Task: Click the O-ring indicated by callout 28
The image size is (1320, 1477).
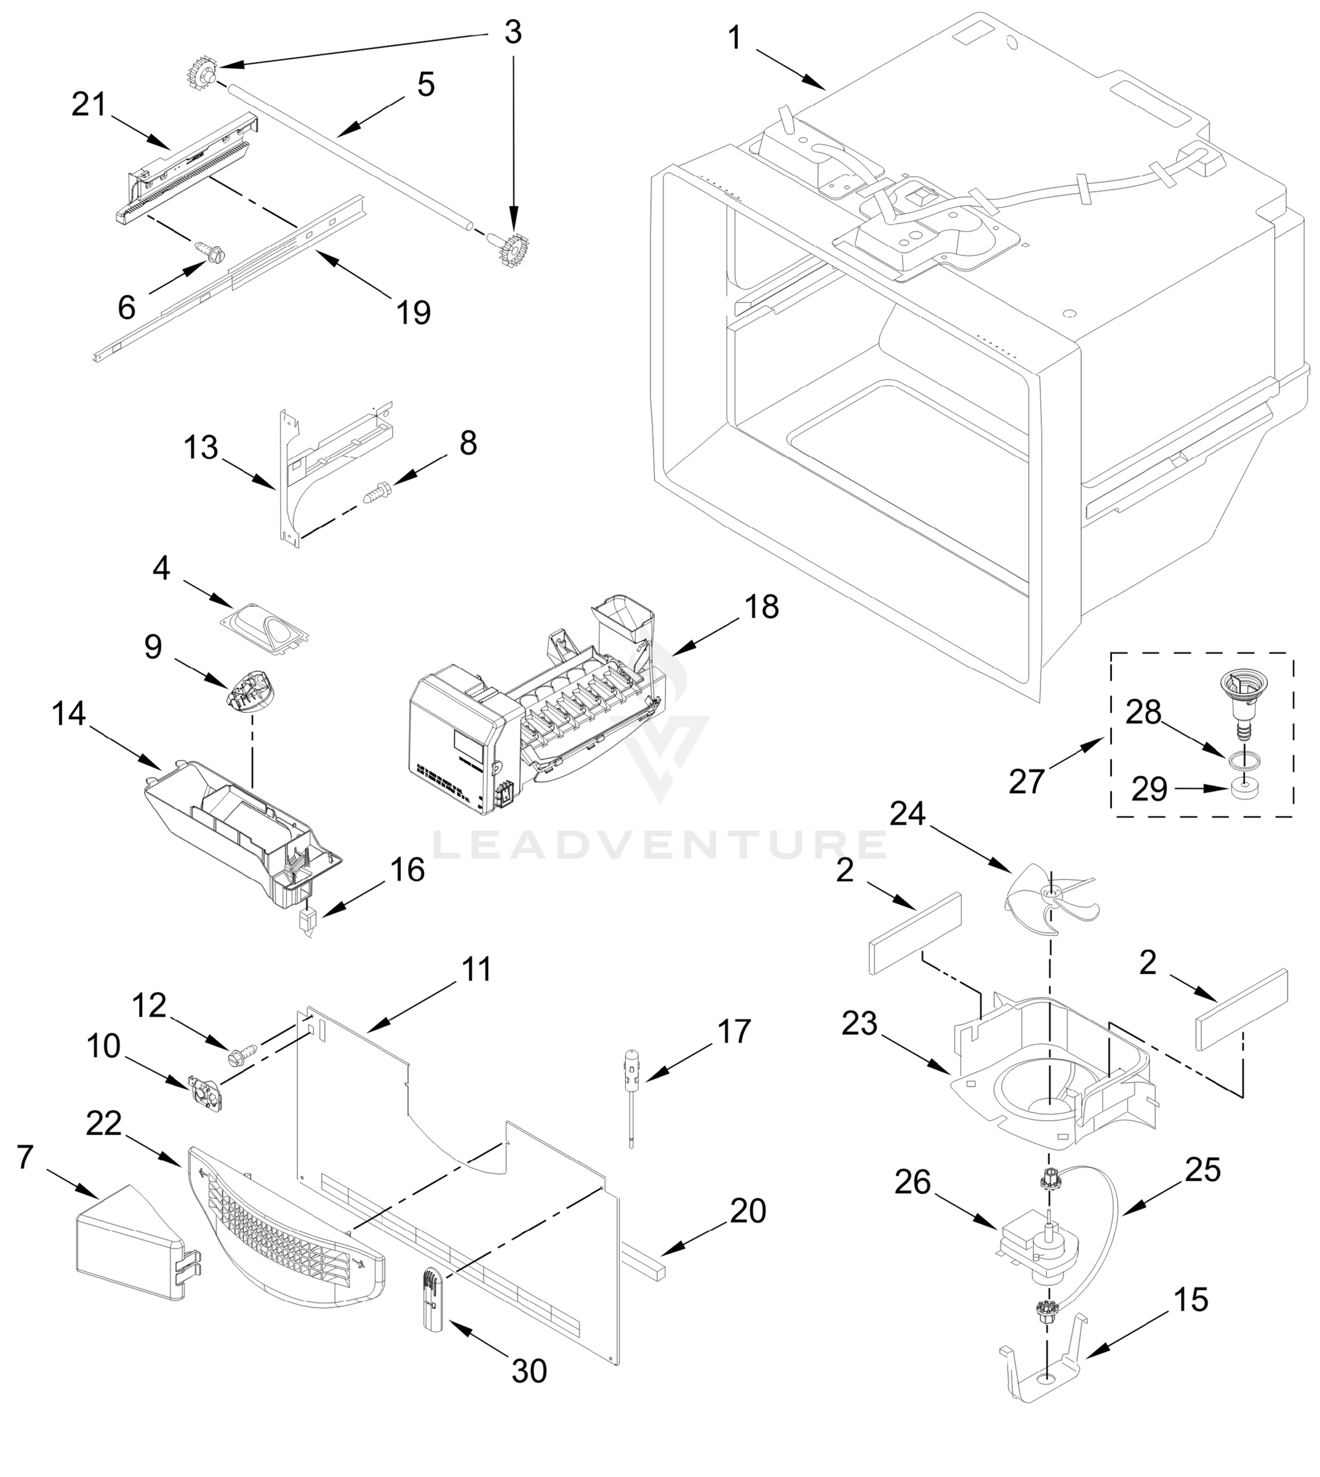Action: [x=1244, y=759]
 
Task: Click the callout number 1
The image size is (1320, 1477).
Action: [x=735, y=38]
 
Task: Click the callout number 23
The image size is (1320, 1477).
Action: [x=860, y=1024]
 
